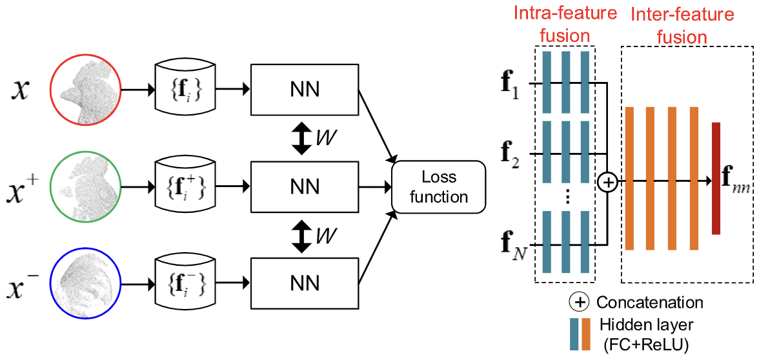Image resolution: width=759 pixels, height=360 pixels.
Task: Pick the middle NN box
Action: [x=305, y=186]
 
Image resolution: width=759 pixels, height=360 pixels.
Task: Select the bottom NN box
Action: [x=305, y=283]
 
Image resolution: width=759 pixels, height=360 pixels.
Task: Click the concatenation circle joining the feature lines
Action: [x=607, y=183]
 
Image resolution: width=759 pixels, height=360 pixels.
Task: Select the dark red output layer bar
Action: [x=716, y=178]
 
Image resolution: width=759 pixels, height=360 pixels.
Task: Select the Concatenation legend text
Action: [x=650, y=302]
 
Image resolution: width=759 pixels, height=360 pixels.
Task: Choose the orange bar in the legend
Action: [x=586, y=334]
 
